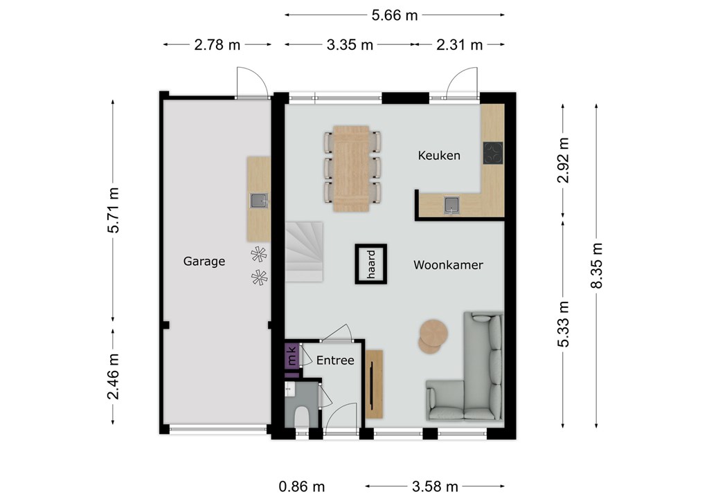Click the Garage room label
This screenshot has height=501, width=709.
(204, 261)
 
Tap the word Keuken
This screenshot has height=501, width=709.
(439, 156)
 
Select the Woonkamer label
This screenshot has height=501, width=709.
(448, 265)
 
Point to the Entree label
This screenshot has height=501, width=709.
(335, 360)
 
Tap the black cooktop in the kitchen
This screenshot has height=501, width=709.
(493, 153)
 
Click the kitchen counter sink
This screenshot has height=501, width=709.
(451, 205)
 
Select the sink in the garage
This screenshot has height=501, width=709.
(259, 201)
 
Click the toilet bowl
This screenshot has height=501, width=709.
(302, 417)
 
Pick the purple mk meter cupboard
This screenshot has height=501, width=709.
(291, 355)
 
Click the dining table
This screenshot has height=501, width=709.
(351, 169)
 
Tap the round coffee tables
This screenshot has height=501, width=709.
(432, 336)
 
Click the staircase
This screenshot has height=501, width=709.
(303, 252)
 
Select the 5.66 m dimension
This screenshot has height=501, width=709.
(394, 15)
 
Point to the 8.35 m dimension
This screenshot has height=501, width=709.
(597, 266)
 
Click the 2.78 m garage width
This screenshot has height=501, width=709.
(217, 45)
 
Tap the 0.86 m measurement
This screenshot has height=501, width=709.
(302, 486)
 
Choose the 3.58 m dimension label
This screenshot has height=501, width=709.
(435, 486)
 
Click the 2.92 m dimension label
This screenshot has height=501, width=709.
(563, 160)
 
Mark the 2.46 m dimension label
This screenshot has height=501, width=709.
(113, 376)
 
